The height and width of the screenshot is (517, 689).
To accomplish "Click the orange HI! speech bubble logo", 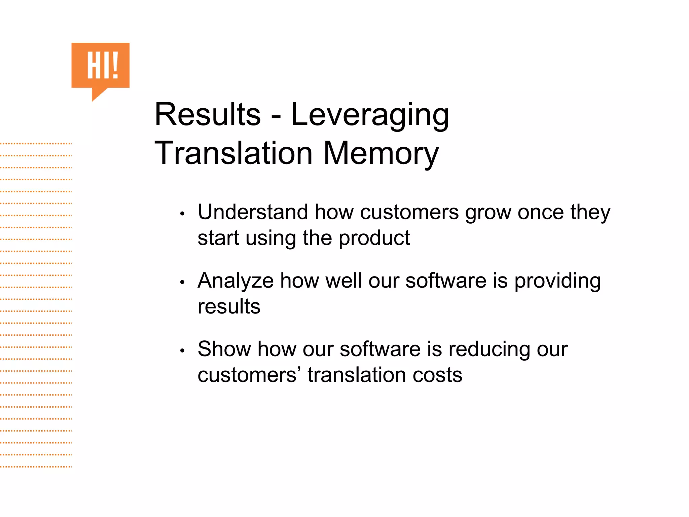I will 100,66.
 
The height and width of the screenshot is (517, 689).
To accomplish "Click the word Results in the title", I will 208,115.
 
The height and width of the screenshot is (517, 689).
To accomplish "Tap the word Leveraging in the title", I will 370,115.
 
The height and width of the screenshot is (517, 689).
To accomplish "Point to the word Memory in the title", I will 381,153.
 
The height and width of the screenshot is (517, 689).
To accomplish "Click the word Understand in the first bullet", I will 253,212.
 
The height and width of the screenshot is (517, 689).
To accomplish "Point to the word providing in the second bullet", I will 557,281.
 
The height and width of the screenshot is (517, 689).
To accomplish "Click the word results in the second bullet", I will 229,307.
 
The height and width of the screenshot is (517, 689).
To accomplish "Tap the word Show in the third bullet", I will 224,349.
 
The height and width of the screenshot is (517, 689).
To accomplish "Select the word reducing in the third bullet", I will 489,350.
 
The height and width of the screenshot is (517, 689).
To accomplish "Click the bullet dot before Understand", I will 182,214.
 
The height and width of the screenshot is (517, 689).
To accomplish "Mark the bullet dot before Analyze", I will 182,282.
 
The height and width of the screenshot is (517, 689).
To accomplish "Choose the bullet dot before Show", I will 182,351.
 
